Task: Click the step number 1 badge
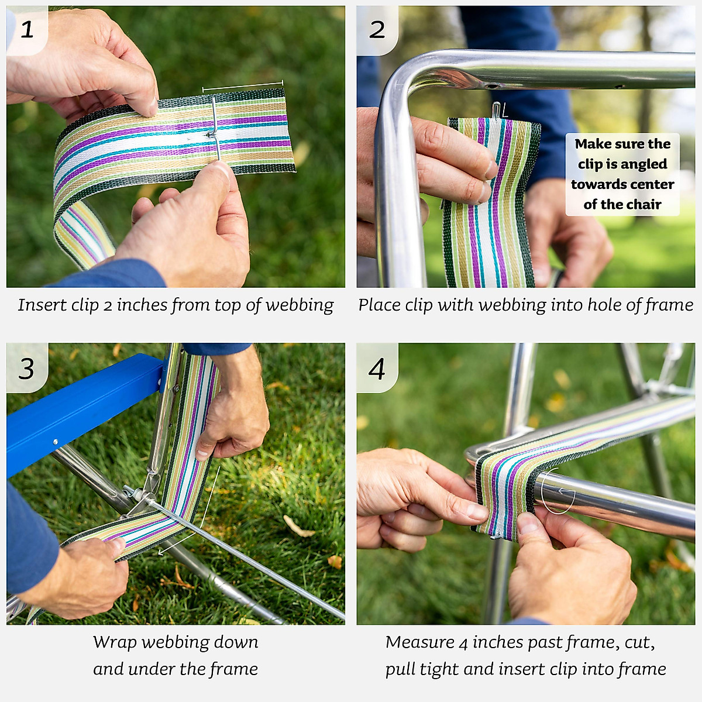27,29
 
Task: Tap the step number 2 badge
377,30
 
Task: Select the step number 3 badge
26,368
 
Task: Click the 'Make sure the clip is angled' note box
622,174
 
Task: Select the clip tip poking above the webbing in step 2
496,110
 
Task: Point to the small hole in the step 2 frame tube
490,86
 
